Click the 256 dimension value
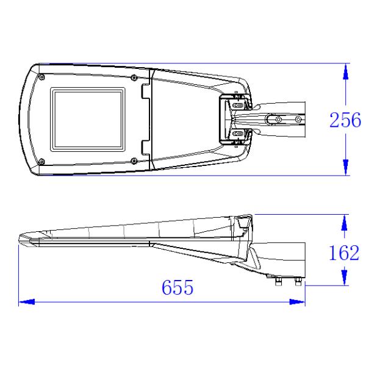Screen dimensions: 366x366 (345, 120)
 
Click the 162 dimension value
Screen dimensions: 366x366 (344, 253)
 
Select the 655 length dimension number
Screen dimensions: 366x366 (178, 287)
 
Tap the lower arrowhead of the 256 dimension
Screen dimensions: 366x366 (346, 167)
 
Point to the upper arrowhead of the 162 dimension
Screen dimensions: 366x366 (344, 223)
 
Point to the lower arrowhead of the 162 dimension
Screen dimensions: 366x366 (344, 278)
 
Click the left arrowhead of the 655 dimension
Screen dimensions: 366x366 (27, 302)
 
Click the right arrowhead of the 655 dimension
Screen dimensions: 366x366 (297, 302)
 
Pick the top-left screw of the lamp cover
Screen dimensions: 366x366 (41, 77)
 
